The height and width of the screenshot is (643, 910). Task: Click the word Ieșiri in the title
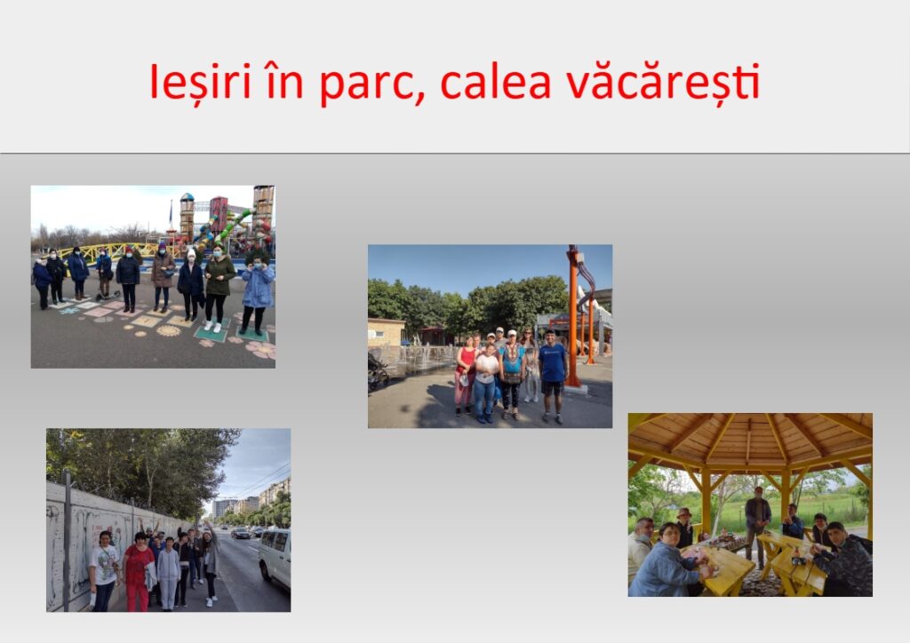click(x=201, y=83)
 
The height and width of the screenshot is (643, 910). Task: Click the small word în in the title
click(x=283, y=81)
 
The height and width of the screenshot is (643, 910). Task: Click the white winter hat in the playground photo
click(x=191, y=254)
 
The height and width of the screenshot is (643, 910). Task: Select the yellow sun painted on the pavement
click(x=168, y=330)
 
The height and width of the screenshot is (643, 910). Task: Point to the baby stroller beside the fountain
click(x=377, y=371)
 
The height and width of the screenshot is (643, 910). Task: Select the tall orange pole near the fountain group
click(x=573, y=316)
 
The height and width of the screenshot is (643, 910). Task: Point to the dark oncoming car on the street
click(x=241, y=533)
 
